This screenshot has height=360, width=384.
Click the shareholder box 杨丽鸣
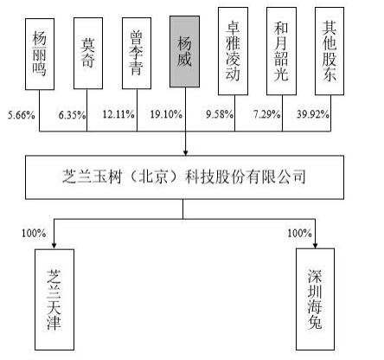tap(40, 55)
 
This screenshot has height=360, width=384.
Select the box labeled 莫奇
tap(88, 54)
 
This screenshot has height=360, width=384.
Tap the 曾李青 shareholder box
tap(137, 54)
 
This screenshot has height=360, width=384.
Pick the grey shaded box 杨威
tap(184, 52)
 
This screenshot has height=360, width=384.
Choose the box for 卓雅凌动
tap(233, 51)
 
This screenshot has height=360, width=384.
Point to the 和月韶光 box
tap(281, 51)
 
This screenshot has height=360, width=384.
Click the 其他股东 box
tap(330, 51)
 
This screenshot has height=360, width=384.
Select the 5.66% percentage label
tap(22, 115)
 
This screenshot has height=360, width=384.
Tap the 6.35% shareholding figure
tap(72, 115)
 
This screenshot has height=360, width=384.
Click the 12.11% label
tap(118, 114)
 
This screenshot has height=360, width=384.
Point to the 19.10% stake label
tap(166, 114)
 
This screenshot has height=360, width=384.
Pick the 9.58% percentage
tap(220, 114)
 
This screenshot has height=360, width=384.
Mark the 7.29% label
tap(267, 114)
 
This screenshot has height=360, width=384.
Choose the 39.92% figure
tap(313, 114)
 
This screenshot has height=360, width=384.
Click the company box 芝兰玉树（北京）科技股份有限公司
tap(184, 177)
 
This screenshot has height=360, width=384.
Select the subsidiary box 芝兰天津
tap(54, 299)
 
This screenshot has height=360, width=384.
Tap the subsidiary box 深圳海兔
tap(316, 299)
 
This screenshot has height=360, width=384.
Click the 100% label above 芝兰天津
tap(34, 233)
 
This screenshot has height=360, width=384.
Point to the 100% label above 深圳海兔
tap(299, 233)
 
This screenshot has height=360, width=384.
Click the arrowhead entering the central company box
tap(185, 152)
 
